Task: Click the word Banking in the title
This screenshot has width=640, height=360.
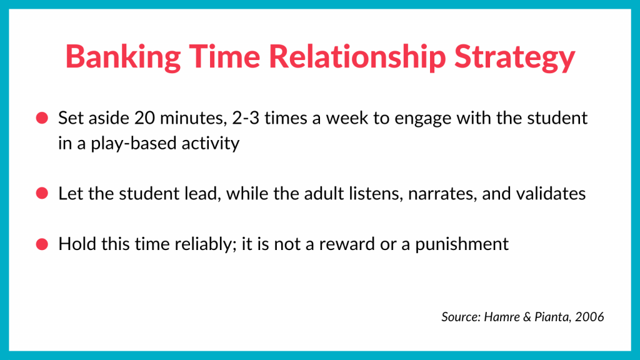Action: (x=123, y=57)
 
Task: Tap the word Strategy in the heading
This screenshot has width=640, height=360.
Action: (x=515, y=57)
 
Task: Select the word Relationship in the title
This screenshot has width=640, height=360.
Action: (x=357, y=57)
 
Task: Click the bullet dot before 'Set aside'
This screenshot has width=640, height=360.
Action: (x=42, y=118)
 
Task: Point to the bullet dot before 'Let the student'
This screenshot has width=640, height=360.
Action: (x=42, y=193)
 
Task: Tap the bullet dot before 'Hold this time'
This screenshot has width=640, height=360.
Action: (x=42, y=244)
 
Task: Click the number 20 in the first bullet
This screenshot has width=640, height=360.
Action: (x=144, y=118)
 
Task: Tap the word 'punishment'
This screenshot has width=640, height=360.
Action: (x=462, y=244)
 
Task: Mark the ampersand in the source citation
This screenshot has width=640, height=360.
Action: (x=527, y=317)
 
